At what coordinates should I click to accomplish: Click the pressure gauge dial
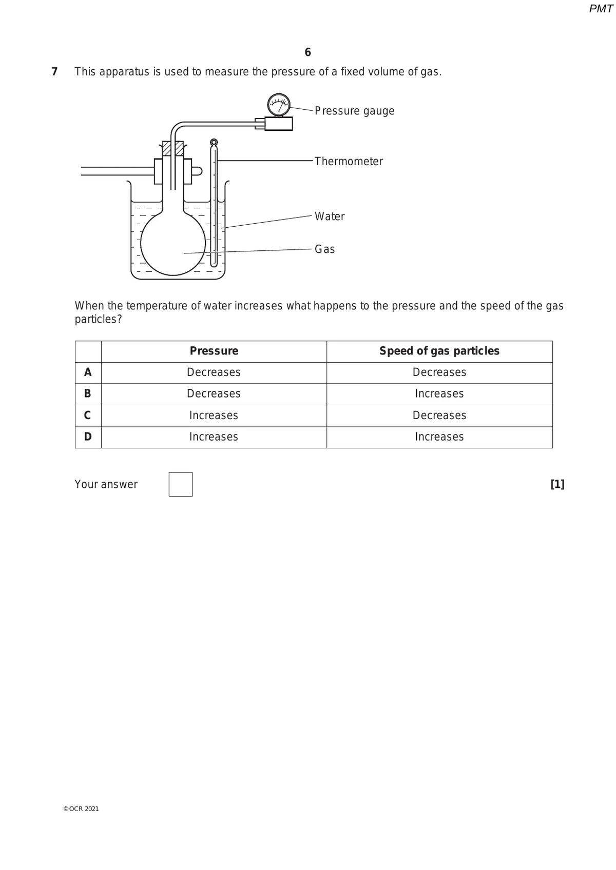pyautogui.click(x=279, y=105)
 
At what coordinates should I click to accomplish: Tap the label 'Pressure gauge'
pyautogui.click(x=354, y=111)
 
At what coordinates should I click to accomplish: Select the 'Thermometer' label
pyautogui.click(x=349, y=162)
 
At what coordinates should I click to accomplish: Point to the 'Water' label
pyautogui.click(x=330, y=216)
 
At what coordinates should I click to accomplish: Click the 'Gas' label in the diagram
pyautogui.click(x=324, y=249)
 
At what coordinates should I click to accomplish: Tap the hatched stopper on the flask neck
pyautogui.click(x=173, y=148)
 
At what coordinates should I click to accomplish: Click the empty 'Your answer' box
pyautogui.click(x=181, y=484)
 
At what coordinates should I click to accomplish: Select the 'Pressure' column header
pyautogui.click(x=214, y=351)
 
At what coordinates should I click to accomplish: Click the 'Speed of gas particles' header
pyautogui.click(x=439, y=351)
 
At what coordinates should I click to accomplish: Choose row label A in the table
pyautogui.click(x=88, y=372)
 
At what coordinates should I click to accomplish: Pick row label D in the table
pyautogui.click(x=88, y=437)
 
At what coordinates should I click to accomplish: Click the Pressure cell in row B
pyautogui.click(x=214, y=394)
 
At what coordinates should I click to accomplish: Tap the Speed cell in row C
pyautogui.click(x=439, y=416)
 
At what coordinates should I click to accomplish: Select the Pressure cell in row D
pyautogui.click(x=214, y=437)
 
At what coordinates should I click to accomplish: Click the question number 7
pyautogui.click(x=54, y=72)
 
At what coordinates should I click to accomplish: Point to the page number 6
pyautogui.click(x=307, y=52)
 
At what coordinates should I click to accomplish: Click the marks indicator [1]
pyautogui.click(x=557, y=484)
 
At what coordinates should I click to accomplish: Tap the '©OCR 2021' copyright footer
pyautogui.click(x=81, y=809)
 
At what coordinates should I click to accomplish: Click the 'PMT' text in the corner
pyautogui.click(x=601, y=9)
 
